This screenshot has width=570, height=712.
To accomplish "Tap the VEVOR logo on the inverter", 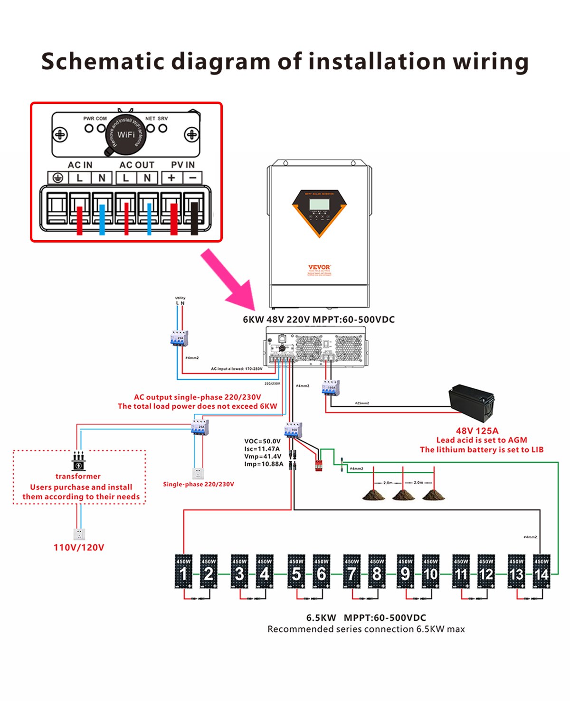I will point(319,267).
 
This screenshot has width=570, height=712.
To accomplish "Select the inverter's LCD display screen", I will point(319,205).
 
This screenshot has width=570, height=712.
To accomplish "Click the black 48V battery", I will point(471,403).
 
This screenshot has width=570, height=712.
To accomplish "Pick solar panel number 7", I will point(351,572).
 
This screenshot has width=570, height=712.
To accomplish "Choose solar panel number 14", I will point(541,572).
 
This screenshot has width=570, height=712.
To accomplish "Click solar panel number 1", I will point(183,572).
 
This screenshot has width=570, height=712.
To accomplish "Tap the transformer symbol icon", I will point(78,461).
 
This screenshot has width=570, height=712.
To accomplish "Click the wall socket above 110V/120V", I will point(79,534).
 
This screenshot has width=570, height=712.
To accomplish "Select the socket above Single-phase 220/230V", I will point(198,473).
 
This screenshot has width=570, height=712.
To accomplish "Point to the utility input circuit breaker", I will point(179,338).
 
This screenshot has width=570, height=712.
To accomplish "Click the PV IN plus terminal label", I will point(171,178).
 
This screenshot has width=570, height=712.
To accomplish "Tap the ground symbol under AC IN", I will point(57,178).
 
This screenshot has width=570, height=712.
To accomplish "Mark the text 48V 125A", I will point(477,431).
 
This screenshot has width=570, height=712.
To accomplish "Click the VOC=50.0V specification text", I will point(262,441).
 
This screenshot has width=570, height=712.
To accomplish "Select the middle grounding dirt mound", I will point(403,495).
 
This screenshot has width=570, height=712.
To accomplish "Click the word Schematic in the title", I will point(102,62).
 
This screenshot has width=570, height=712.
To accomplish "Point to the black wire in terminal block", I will point(194,218).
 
